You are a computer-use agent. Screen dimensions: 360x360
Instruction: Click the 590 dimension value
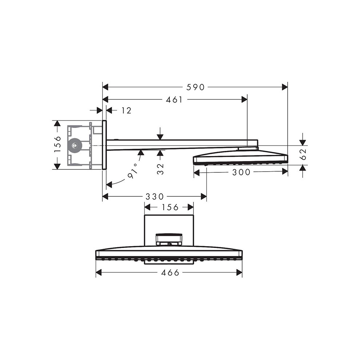tap(195, 87)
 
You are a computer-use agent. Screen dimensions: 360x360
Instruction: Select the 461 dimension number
tap(174, 100)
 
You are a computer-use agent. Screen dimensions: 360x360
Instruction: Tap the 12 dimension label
tap(126, 111)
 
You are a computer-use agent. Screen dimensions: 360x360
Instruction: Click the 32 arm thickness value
tap(160, 168)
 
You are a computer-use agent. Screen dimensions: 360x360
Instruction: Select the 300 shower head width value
tap(241, 172)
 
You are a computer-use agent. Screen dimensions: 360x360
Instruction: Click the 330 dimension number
tap(155, 197)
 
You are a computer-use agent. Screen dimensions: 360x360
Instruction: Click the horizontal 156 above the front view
tap(169, 207)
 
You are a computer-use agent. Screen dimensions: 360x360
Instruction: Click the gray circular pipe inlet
tap(75, 145)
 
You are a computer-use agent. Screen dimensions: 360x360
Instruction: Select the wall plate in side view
tap(104, 145)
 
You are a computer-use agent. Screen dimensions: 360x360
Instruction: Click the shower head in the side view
tap(240, 157)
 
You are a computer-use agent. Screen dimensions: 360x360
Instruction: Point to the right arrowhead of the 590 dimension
tap(284, 87)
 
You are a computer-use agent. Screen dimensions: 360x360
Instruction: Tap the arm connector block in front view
tap(168, 240)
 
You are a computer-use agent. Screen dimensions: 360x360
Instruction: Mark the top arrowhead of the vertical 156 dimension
tap(57, 124)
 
